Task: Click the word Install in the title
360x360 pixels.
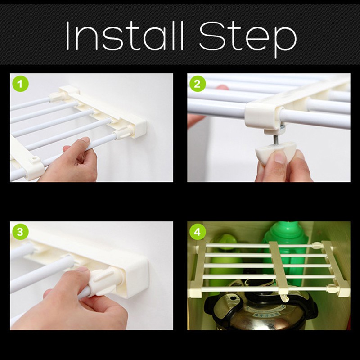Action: pyautogui.click(x=125, y=36)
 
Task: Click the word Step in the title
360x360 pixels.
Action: pyautogui.click(x=248, y=39)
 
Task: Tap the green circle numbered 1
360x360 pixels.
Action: pyautogui.click(x=20, y=84)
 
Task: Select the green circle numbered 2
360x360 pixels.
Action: pyautogui.click(x=198, y=84)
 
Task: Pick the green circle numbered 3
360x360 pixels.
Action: pyautogui.click(x=20, y=232)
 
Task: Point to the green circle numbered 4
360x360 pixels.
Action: pyautogui.click(x=198, y=232)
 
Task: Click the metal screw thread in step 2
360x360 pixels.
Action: pyautogui.click(x=274, y=140)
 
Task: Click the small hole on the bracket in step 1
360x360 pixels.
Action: pyautogui.click(x=35, y=158)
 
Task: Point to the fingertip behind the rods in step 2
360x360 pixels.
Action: pyautogui.click(x=222, y=87)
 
